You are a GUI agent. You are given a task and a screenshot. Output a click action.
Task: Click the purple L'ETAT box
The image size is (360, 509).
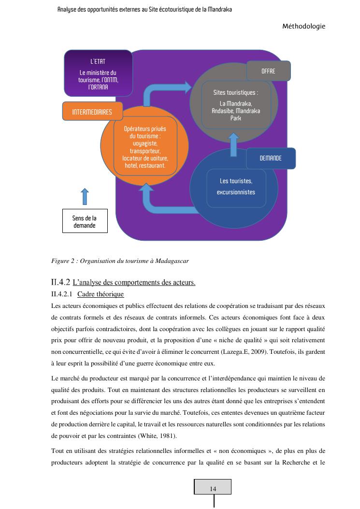98,73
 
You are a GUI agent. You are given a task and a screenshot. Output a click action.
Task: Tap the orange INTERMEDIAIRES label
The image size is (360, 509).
92,112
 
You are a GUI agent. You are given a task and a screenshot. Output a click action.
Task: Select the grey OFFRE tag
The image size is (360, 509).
268,71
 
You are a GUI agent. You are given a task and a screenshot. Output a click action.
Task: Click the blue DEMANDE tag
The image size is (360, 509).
270,158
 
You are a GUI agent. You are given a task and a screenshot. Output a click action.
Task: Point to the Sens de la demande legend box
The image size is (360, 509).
85,221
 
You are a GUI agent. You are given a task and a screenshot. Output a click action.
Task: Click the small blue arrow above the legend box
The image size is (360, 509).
85,197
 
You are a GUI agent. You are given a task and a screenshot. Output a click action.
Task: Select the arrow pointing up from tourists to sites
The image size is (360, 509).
234,145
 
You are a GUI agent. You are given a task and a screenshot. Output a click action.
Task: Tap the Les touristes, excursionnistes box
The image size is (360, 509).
236,187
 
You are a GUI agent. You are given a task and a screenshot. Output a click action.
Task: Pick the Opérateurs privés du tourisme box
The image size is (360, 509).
145,147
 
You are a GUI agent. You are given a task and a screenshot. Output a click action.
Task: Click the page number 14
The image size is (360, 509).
213,489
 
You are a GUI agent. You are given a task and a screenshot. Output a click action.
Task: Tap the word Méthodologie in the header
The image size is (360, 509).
303,26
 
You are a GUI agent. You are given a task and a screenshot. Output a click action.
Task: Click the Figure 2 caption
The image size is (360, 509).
120,261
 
